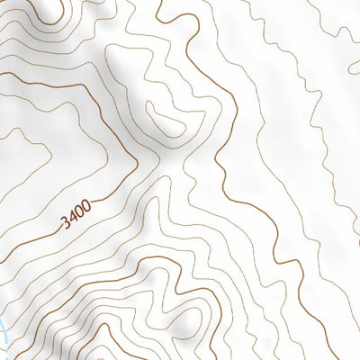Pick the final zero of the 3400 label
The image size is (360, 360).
click(x=89, y=205)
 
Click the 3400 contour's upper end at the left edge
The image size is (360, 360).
click(x=1, y=64)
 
